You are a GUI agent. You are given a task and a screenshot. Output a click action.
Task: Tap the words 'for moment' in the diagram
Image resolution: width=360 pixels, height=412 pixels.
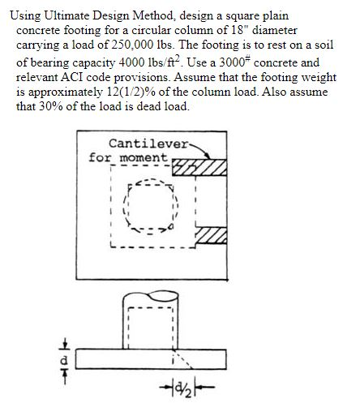tap(127, 156)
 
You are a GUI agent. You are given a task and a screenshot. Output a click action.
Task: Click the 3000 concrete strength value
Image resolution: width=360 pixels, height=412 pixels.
tap(242, 62)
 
